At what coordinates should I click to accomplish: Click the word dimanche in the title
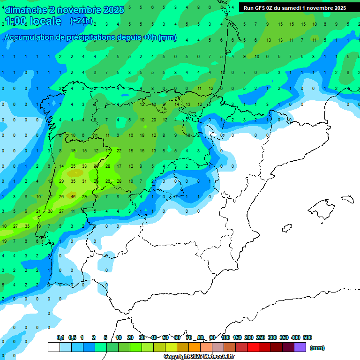[x=26, y=10]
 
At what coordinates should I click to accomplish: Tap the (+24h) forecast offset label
[x=81, y=21]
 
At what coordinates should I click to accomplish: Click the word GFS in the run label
[x=262, y=8]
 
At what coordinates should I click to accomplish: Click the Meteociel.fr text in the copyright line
[x=217, y=357]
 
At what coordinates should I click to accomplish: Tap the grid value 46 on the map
[x=73, y=197]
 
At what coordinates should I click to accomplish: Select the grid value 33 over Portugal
[x=84, y=166]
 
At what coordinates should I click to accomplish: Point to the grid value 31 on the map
[x=84, y=181]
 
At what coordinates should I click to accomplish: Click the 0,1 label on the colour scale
[x=60, y=338]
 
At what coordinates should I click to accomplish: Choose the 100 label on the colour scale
[x=225, y=338]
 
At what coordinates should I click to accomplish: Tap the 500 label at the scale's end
[x=307, y=338]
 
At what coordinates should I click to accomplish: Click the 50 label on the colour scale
[x=165, y=338]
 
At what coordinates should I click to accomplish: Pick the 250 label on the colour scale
[x=261, y=338]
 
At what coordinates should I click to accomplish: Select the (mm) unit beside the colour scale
[x=317, y=348]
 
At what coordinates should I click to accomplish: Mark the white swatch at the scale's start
[x=53, y=347]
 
